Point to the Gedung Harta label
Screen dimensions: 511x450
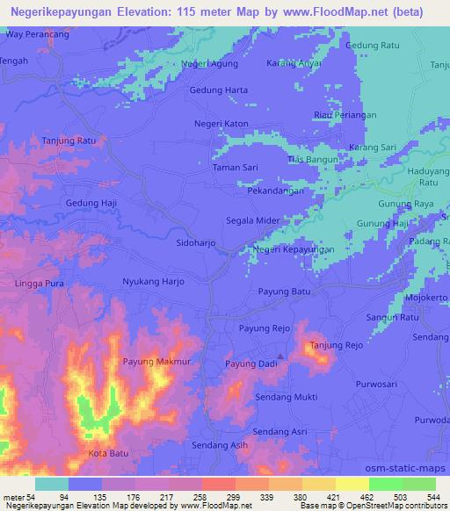[x=218, y=90]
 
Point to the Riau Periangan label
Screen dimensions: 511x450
[x=345, y=115]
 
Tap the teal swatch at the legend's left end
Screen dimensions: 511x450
[x=52, y=484]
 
